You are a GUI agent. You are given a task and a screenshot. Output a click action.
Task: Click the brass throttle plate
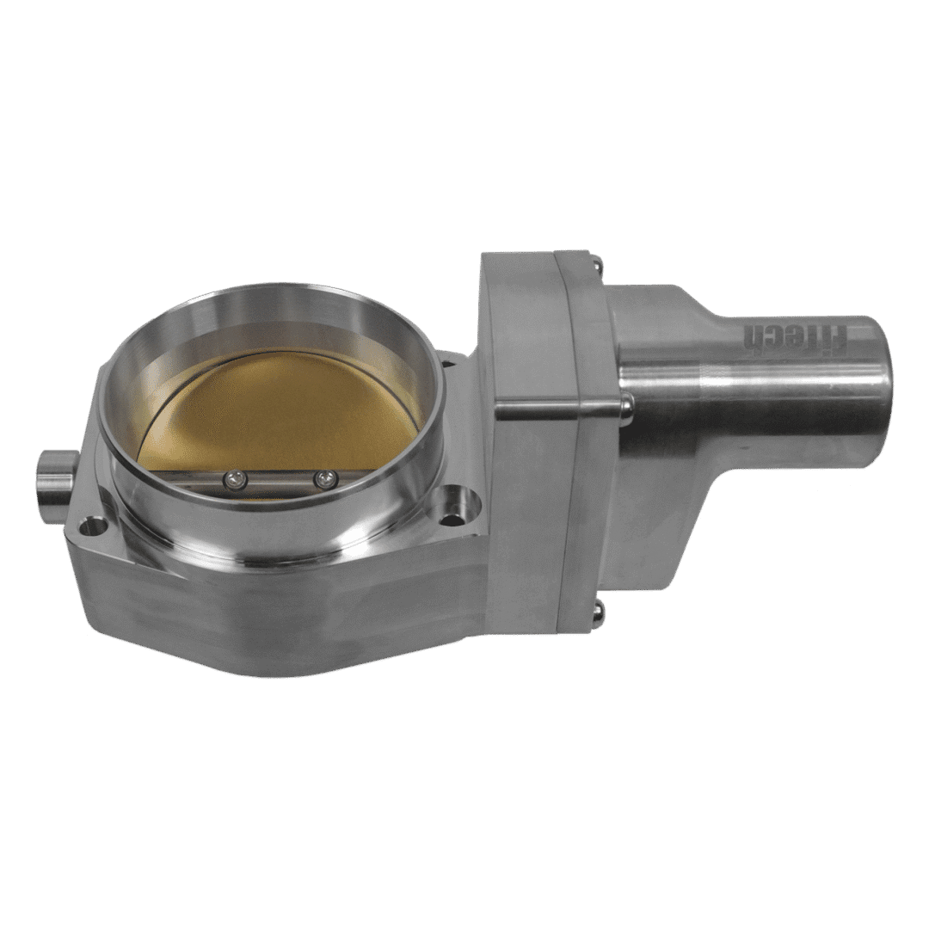pyautogui.click(x=279, y=409)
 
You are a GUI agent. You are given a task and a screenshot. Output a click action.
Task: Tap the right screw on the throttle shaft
pyautogui.click(x=323, y=478)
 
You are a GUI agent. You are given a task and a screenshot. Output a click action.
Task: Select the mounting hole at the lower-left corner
pyautogui.click(x=95, y=525)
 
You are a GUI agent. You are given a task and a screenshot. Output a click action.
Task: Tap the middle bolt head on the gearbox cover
pyautogui.click(x=627, y=407)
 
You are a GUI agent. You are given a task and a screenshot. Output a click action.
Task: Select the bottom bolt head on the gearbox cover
pyautogui.click(x=600, y=613)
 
